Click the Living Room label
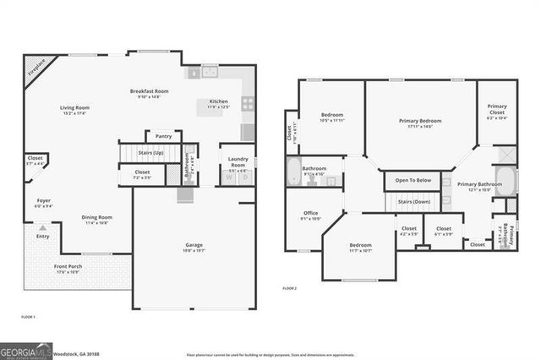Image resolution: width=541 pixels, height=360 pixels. [74, 107]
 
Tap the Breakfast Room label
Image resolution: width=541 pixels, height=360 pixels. [149, 91]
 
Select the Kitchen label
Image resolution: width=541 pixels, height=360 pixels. [218, 101]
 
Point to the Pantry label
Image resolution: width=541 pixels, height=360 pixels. [164, 136]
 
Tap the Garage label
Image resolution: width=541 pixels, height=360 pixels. [194, 245]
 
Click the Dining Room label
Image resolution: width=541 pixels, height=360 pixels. [97, 217]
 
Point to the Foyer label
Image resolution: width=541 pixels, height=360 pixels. [43, 201]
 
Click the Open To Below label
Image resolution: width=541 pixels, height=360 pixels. [414, 180]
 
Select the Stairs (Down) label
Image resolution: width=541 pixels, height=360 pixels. [416, 202]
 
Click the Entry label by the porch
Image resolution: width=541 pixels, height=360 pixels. [43, 237]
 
